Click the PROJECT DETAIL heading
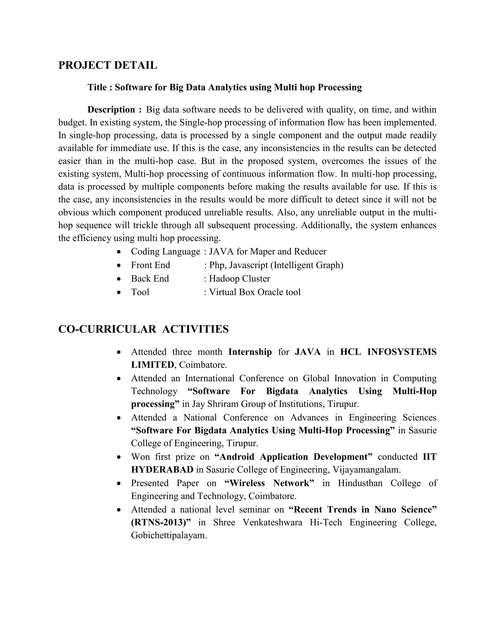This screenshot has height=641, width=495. tap(108, 65)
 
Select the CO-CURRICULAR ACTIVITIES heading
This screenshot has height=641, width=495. tap(143, 329)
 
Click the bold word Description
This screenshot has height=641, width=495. tap(111, 110)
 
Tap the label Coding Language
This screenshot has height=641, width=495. tap(165, 252)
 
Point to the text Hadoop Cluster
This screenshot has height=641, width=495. tap(239, 278)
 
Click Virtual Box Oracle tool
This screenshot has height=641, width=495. tap(255, 292)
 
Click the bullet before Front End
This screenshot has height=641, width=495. tap(119, 265)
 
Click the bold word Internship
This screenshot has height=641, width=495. tap(250, 352)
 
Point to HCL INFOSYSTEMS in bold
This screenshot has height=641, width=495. tap(388, 352)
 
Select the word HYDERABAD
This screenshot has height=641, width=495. tap(162, 470)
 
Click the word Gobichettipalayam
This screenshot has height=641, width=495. tap(169, 535)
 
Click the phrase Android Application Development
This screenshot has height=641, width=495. tap(293, 457)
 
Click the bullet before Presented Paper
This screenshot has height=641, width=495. tap(119, 483)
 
